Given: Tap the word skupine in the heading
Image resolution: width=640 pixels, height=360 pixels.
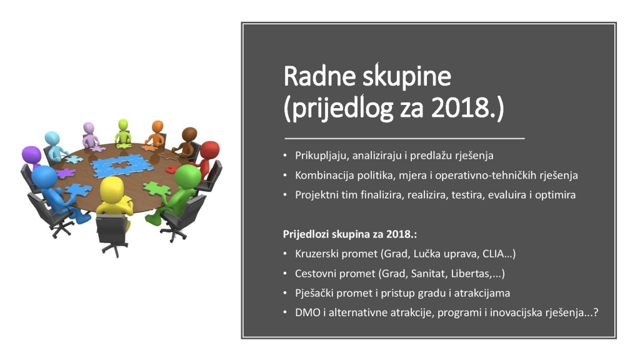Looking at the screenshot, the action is pos(404,77).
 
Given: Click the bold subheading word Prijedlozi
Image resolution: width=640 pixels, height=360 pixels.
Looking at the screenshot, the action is pos(306,234).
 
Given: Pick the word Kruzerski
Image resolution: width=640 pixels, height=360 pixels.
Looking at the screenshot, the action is pos(316,254).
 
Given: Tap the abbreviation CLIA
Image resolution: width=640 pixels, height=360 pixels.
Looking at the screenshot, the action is pos(492,254).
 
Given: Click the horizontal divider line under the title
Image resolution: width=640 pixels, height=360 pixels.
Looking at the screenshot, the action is pos(404,139).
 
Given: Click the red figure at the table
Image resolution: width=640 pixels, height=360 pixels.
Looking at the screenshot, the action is pos(207,157).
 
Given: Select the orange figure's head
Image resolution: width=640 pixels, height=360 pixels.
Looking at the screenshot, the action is pos(157,126).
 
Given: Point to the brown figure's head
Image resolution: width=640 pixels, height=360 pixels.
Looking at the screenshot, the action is pos(189,134).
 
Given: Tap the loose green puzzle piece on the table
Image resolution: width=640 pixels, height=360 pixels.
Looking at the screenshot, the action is pos(157,189).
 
